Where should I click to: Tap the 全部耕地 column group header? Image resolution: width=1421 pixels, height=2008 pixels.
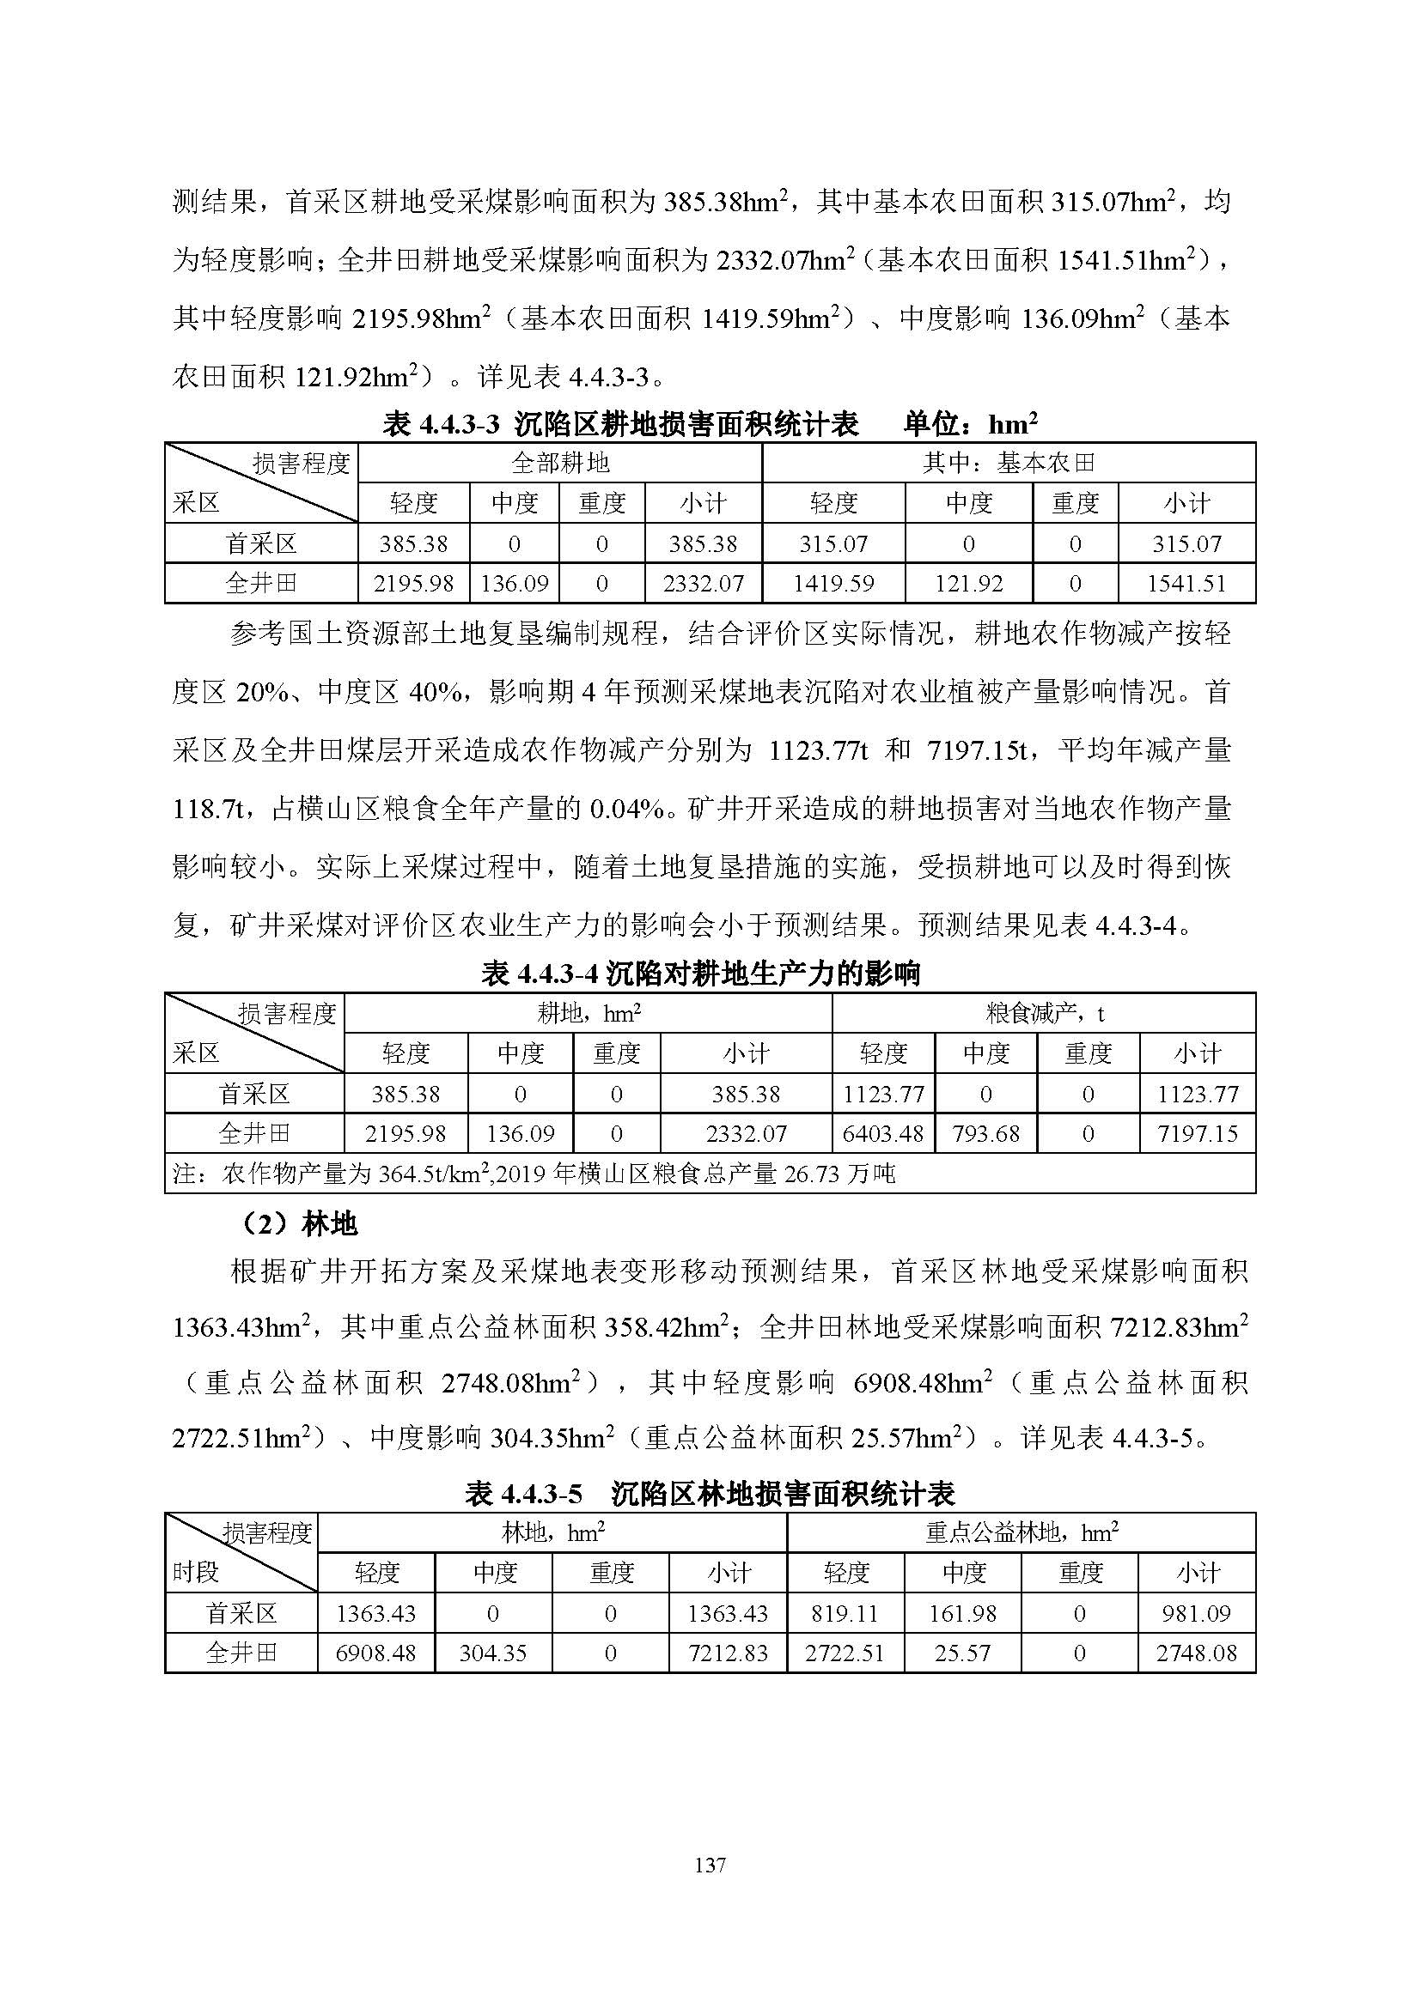click(x=560, y=463)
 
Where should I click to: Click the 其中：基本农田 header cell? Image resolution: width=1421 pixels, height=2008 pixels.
click(x=1008, y=463)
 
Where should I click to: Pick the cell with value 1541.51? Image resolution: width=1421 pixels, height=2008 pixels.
click(x=1186, y=583)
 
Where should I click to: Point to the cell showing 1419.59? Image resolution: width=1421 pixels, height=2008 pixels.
click(x=833, y=583)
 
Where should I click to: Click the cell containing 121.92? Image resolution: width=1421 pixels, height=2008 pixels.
click(x=968, y=583)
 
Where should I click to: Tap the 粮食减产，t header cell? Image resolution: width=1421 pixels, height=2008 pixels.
click(x=1044, y=1014)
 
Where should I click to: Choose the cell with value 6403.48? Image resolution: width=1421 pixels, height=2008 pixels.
click(x=883, y=1133)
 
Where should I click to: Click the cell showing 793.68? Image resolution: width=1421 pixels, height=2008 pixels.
click(x=986, y=1133)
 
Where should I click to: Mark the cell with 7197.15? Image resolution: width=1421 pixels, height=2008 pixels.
click(x=1197, y=1133)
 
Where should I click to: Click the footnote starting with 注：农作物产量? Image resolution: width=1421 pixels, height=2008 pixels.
click(x=534, y=1174)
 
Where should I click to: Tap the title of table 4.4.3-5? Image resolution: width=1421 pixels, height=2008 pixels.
click(x=710, y=1494)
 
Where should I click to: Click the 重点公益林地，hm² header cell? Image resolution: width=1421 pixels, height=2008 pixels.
click(x=1022, y=1533)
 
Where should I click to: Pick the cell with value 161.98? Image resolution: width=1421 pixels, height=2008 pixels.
click(x=962, y=1614)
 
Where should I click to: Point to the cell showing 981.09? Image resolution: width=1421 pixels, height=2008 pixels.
click(x=1196, y=1614)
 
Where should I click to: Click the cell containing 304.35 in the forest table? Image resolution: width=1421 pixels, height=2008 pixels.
click(x=492, y=1653)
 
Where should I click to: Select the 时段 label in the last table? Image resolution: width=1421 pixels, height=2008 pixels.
click(x=195, y=1573)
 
